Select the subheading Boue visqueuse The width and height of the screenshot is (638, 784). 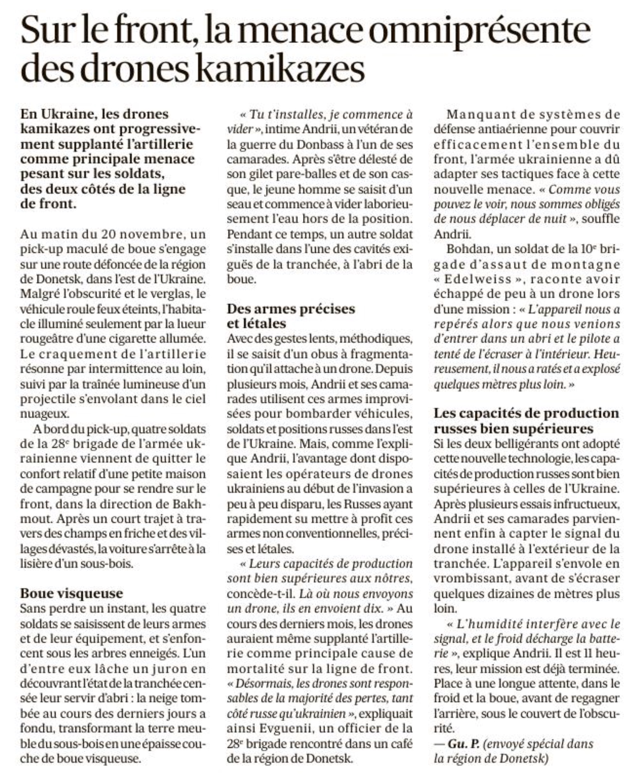tap(71, 593)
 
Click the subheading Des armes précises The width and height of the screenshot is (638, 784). tap(291, 308)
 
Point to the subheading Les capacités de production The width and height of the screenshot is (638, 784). tap(526, 413)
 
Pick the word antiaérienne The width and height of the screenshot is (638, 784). tap(502, 129)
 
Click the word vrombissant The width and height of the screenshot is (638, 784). tap(464, 578)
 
